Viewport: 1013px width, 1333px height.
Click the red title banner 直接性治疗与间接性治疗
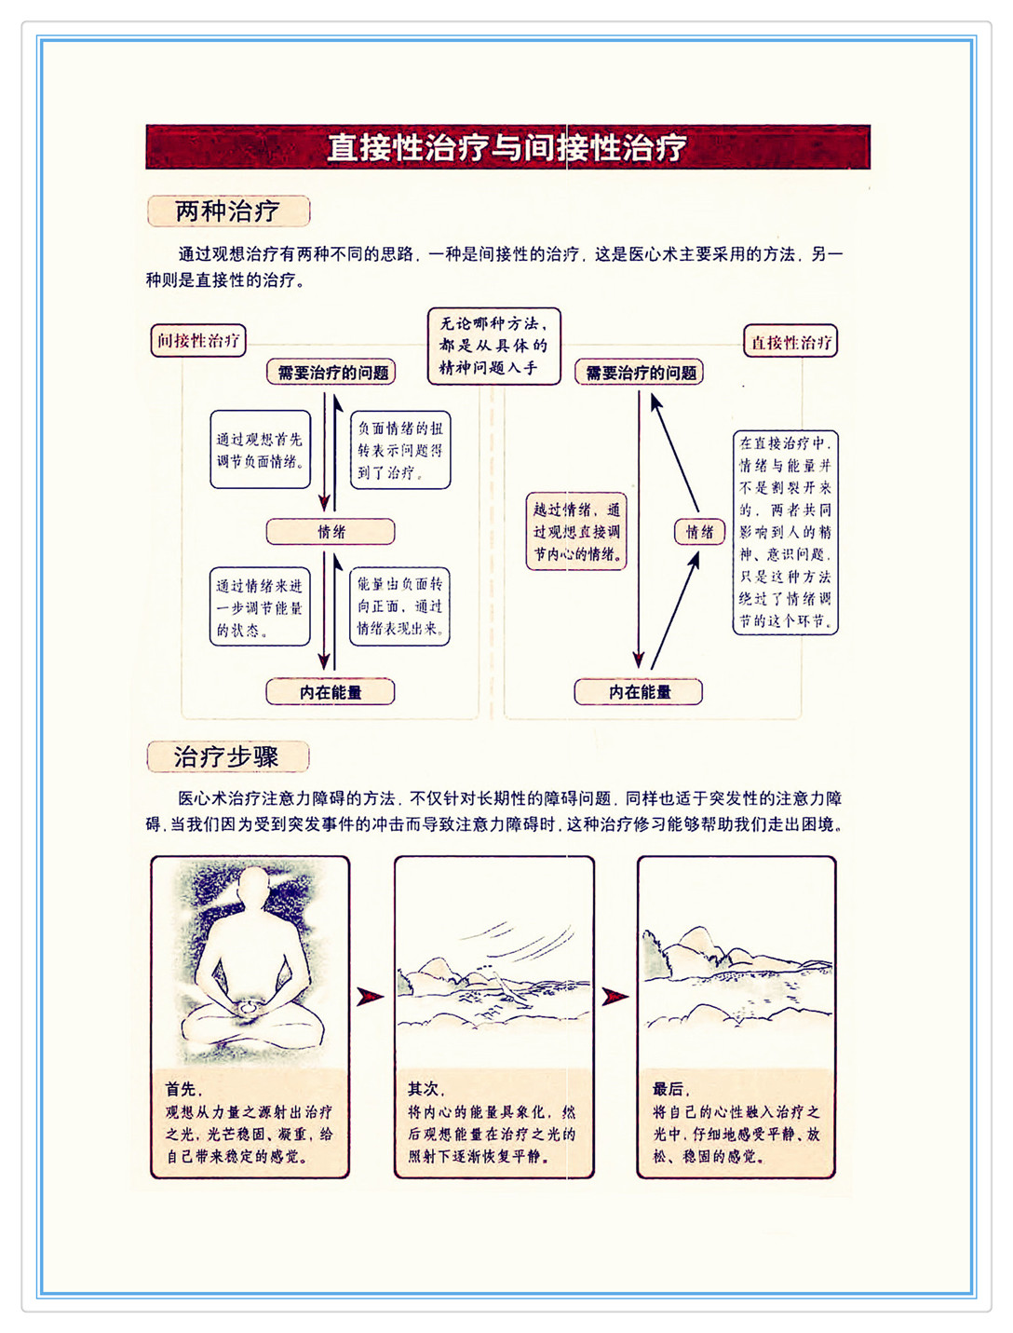coord(507,147)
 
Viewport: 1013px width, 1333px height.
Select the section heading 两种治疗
coord(228,211)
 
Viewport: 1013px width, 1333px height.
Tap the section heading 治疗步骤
coord(227,756)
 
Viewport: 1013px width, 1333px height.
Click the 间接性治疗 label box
coord(198,341)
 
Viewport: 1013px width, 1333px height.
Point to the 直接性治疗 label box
coord(790,342)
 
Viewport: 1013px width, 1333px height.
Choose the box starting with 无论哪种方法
coord(493,347)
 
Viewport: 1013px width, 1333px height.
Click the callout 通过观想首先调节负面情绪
coord(260,450)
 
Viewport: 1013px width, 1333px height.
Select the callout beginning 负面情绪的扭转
coord(400,451)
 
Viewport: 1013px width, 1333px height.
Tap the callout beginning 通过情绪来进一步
coord(260,607)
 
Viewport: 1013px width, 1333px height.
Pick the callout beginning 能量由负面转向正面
coord(400,606)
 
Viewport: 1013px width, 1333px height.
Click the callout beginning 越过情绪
coord(576,532)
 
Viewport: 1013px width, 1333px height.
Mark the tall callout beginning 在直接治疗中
coord(785,532)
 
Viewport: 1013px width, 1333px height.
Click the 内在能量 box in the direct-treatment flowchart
coord(639,692)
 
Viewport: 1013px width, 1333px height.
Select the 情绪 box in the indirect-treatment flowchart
coord(331,532)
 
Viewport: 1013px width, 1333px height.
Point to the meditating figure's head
coord(253,889)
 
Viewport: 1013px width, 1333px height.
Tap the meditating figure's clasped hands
coord(250,1006)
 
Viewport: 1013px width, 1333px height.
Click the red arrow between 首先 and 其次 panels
coord(371,997)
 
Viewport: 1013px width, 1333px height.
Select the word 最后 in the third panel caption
coord(668,1089)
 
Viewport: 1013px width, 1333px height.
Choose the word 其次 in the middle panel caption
coord(425,1089)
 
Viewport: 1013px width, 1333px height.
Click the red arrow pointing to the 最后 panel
coord(615,997)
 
